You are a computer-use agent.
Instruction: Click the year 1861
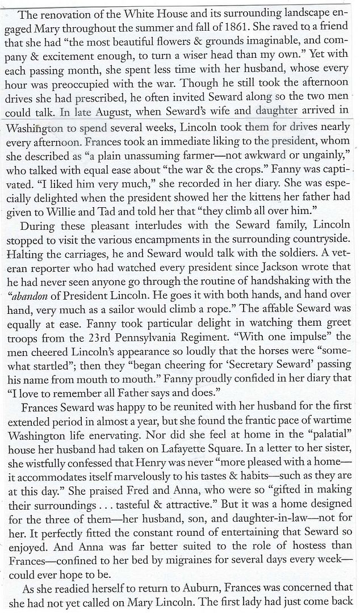pos(278,40)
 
